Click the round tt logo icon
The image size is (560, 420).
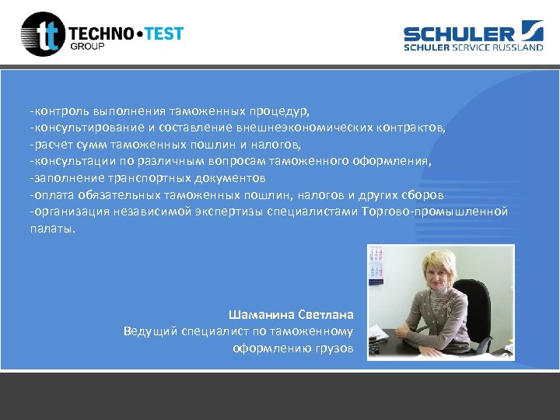[x=44, y=34]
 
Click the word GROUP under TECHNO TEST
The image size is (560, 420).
[x=87, y=47]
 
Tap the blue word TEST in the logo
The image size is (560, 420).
[x=162, y=33]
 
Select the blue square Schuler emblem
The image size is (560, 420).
[x=533, y=33]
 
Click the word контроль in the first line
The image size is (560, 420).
[x=55, y=110]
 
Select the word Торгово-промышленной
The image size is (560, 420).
[x=435, y=212]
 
